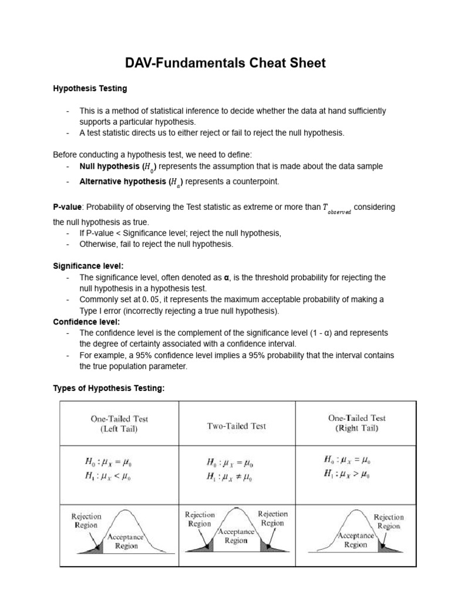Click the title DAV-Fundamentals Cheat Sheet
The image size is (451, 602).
[225, 63]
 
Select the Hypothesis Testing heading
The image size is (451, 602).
[90, 89]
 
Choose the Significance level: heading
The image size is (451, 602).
[88, 266]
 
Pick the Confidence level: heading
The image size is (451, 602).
[86, 322]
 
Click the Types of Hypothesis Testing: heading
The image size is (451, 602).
[109, 388]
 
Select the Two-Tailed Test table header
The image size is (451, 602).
[236, 426]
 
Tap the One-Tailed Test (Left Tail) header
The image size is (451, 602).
[119, 424]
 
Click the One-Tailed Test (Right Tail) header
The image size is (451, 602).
[356, 423]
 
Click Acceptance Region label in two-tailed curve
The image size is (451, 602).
[235, 536]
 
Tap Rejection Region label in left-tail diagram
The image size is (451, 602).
[86, 521]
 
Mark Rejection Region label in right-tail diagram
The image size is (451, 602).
[388, 521]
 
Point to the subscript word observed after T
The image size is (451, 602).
[339, 212]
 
